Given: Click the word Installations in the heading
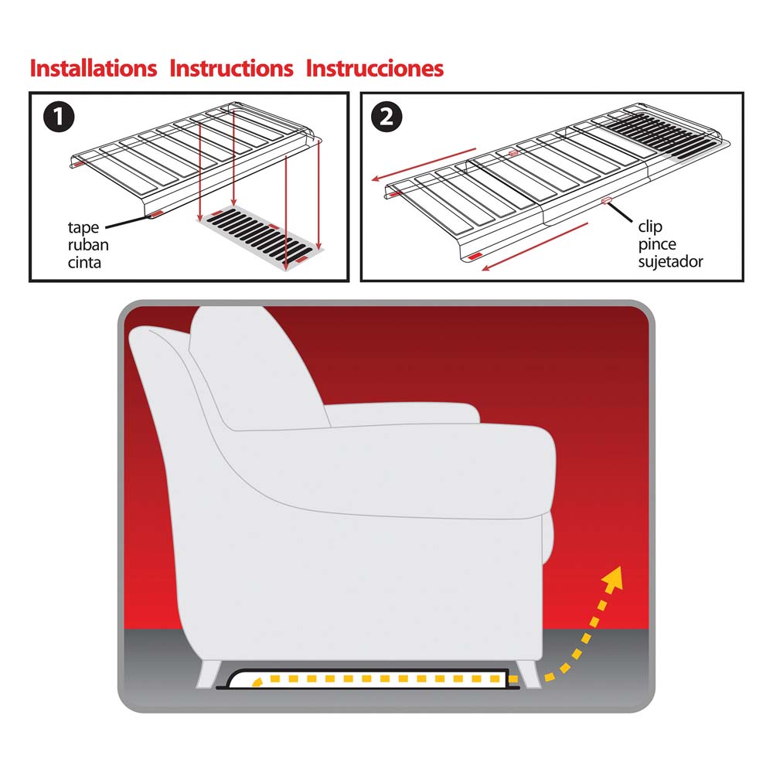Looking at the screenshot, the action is (94, 69).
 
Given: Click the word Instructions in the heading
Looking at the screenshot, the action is (231, 69).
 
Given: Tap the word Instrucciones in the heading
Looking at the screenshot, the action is (375, 69).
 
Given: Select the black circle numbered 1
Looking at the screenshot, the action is (59, 117).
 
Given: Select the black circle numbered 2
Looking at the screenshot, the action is (386, 117).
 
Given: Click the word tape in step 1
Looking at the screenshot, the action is (83, 228).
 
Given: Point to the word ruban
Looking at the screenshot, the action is (88, 244).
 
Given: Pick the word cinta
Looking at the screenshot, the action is (84, 262).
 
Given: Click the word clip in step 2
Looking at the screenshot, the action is (650, 226).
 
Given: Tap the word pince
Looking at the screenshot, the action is (656, 244).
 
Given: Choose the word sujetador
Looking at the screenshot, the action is (670, 261).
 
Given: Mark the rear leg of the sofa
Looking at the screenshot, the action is (209, 674).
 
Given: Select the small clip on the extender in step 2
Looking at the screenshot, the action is (606, 201).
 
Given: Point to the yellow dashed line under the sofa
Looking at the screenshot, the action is (382, 679).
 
